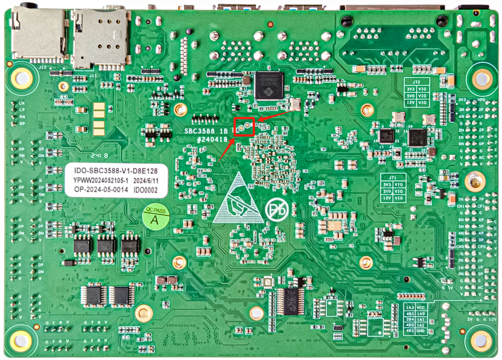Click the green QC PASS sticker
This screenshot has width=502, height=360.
(x=155, y=218)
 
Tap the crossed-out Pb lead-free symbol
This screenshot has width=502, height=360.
(x=277, y=210)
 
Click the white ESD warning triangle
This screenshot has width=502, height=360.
(x=238, y=199)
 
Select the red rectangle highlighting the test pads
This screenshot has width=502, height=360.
(x=244, y=127)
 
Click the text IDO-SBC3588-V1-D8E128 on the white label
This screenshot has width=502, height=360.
(x=116, y=170)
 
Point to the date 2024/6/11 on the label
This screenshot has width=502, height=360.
(x=146, y=181)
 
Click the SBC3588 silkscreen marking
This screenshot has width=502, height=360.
(x=199, y=131)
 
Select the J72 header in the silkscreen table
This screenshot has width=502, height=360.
(x=416, y=82)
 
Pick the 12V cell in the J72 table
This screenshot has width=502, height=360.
(x=411, y=103)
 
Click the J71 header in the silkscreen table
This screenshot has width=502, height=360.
(x=393, y=177)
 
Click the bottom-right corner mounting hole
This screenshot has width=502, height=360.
(x=481, y=340)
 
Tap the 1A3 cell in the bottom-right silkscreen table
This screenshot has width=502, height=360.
(x=410, y=307)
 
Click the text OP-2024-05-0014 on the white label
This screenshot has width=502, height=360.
(x=101, y=190)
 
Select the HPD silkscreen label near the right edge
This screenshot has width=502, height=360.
(x=481, y=100)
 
